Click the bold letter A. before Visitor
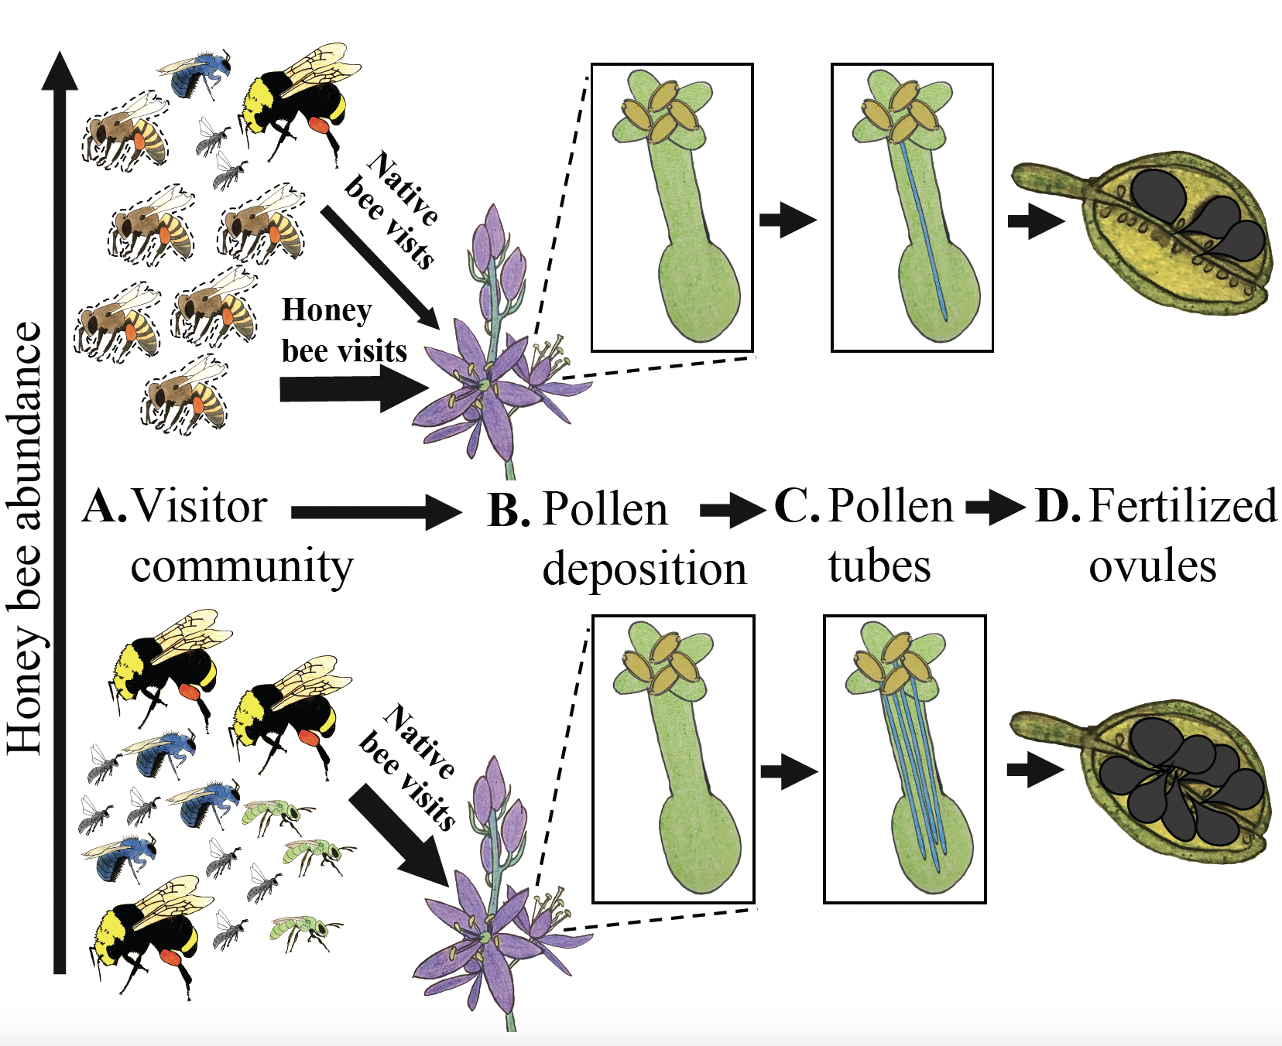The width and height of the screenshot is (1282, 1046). [x=104, y=508]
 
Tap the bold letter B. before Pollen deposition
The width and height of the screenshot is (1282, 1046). [x=509, y=511]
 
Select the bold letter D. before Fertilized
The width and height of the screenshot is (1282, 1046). [x=1057, y=507]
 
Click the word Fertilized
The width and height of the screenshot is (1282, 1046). [x=1182, y=507]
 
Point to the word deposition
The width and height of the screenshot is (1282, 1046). [x=644, y=569]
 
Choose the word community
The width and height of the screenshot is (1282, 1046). [x=242, y=566]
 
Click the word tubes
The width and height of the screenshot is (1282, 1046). [x=879, y=566]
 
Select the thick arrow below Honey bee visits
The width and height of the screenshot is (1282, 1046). [x=352, y=388]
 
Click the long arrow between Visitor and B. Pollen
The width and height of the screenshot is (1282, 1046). [x=375, y=511]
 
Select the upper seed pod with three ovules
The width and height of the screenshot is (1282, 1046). [x=1146, y=232]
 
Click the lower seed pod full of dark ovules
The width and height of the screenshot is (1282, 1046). [x=1146, y=781]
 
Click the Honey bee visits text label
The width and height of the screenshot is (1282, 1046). [x=342, y=330]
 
